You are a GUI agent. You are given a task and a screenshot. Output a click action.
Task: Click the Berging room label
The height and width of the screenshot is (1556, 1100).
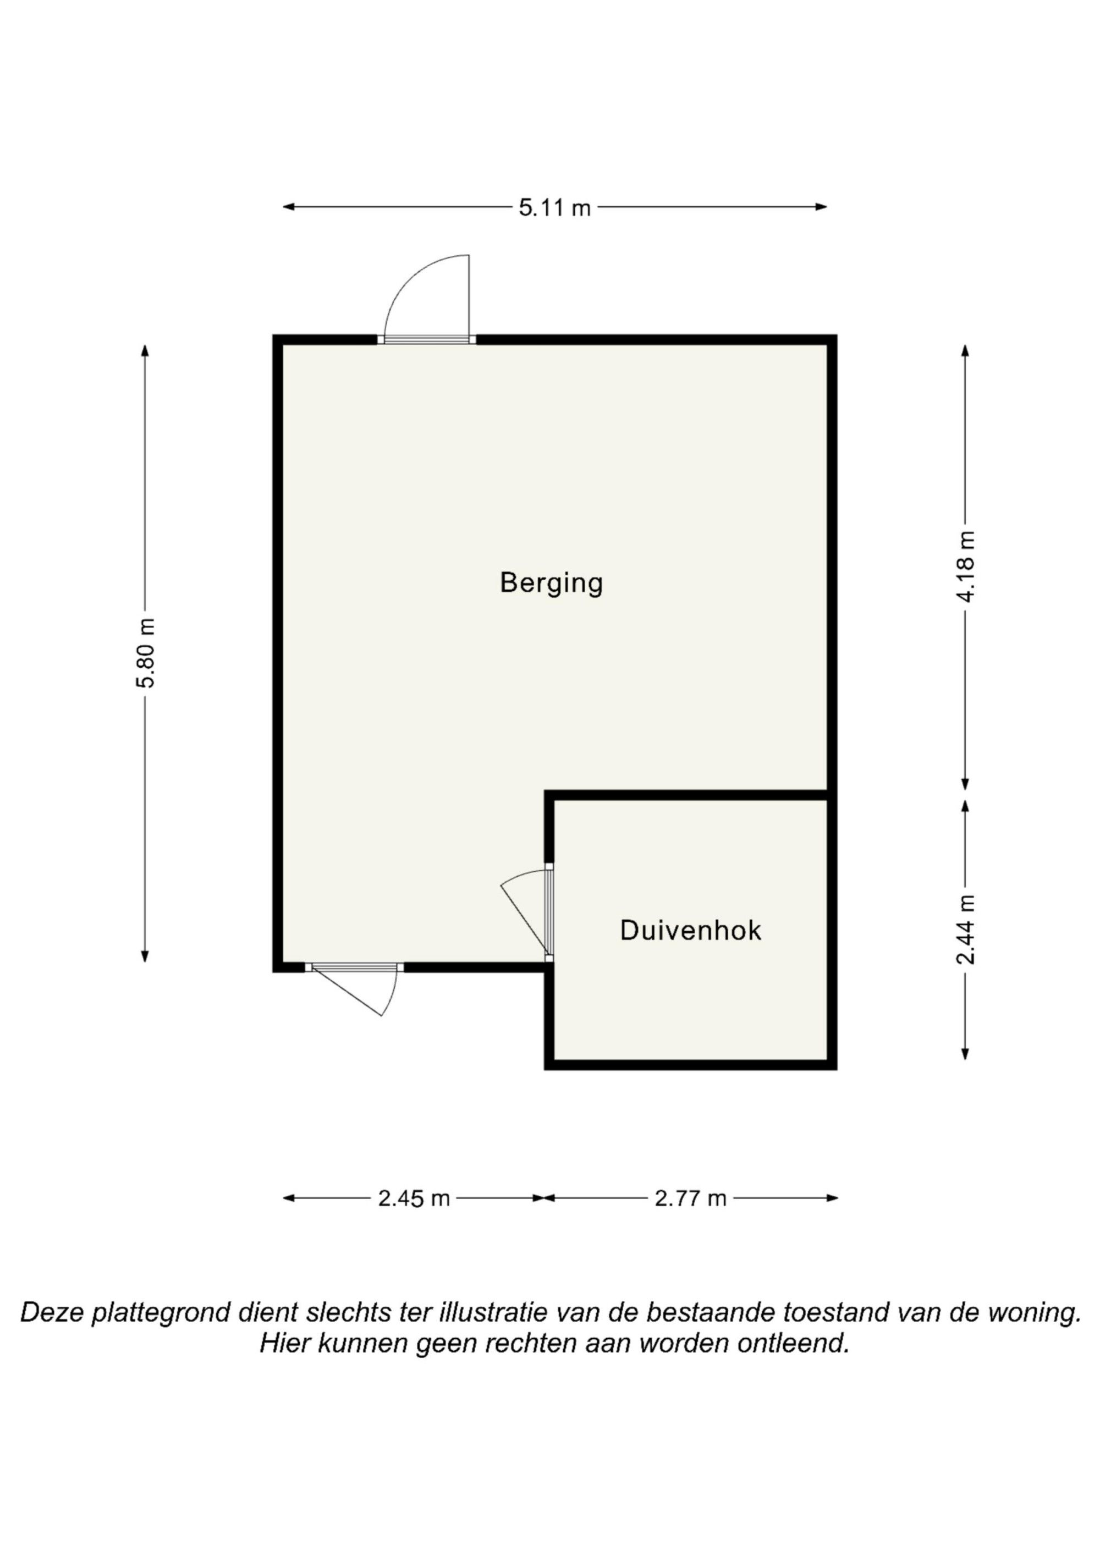pos(551,584)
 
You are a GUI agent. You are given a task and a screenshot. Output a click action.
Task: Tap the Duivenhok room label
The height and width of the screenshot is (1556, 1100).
pos(691,931)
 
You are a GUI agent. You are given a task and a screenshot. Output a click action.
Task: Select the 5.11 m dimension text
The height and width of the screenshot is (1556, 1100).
pos(555,207)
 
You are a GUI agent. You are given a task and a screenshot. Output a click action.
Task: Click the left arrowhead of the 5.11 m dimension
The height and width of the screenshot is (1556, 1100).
pos(287,207)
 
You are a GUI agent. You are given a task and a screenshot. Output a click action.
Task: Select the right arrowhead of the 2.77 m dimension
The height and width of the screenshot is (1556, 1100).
pos(832,1198)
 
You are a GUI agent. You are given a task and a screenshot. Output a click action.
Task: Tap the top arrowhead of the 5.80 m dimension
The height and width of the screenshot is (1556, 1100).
pos(144,350)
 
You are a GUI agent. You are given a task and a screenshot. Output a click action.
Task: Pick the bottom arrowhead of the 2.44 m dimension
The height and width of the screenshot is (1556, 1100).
pos(965,1054)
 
